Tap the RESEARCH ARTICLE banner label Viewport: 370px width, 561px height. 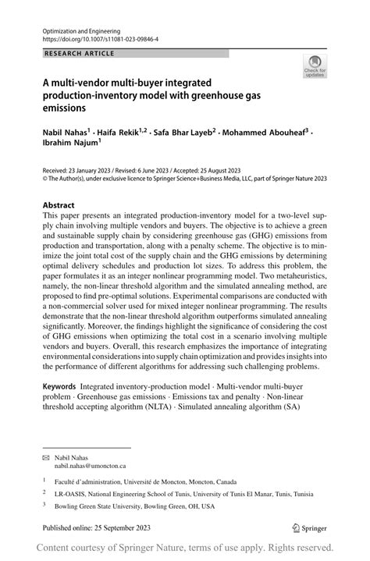(x=79, y=53)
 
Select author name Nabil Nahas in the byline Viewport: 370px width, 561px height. (x=65, y=133)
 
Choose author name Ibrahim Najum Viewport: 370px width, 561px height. (x=68, y=144)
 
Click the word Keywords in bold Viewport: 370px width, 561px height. (x=59, y=386)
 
